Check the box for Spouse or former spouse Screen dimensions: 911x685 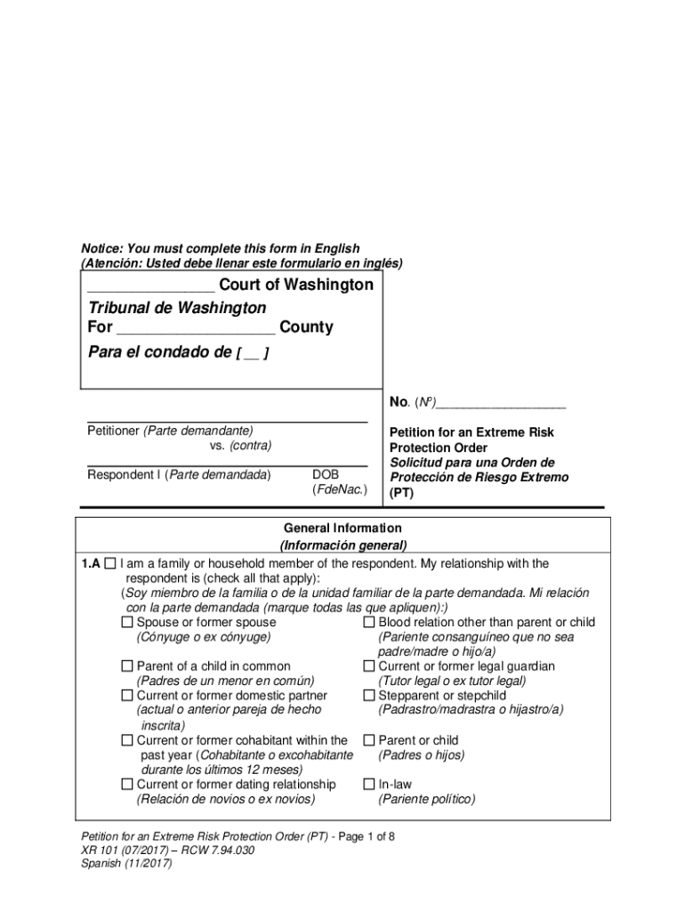pos(127,623)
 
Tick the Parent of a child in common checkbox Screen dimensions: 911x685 pos(127,666)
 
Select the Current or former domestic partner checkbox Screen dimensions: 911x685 pos(127,696)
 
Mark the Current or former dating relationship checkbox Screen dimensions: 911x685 pos(127,785)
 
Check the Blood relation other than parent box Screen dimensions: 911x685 pos(369,623)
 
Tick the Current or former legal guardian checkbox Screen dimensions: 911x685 pos(369,666)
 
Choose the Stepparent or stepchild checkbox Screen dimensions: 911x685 pos(369,696)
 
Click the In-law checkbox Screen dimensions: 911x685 pos(369,785)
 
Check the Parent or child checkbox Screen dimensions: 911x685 pos(369,740)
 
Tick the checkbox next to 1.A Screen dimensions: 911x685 pos(110,564)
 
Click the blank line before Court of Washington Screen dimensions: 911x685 pos(150,286)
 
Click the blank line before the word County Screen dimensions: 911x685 pos(196,328)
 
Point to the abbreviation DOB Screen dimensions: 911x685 pos(326,475)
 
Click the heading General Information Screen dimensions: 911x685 pos(342,528)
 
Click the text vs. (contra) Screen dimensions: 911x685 pos(240,445)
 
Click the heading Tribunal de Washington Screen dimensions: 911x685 pos(177,308)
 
